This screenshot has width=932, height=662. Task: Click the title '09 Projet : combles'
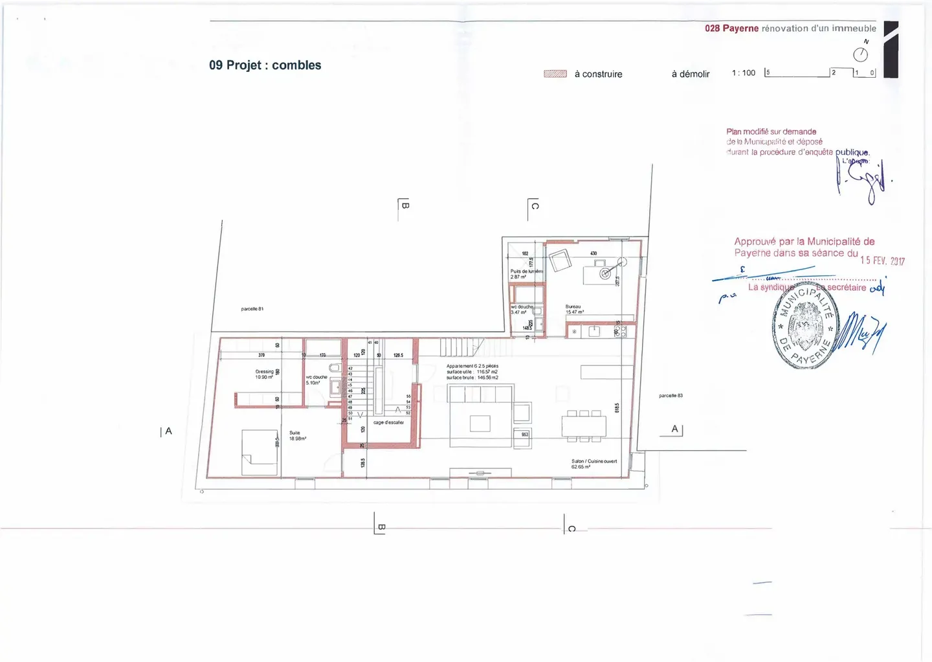265,65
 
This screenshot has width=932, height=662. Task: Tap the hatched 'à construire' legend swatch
555,74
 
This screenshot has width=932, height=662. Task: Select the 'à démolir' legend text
690,74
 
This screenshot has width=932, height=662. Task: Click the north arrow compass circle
860,54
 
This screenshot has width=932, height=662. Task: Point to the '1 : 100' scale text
743,73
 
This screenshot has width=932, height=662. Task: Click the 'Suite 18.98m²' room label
297,436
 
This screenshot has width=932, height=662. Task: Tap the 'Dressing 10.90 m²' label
264,374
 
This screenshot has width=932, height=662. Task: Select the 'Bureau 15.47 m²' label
574,310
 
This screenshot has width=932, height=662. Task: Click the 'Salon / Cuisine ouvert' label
594,464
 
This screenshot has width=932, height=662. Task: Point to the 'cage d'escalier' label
388,422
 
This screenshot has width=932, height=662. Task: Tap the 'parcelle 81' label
252,309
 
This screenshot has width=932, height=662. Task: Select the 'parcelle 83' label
671,395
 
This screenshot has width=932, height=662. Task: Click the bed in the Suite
260,451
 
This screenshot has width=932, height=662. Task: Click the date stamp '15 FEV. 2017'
882,260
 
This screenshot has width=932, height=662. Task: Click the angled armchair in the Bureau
559,260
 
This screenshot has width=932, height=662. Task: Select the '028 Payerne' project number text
731,29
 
